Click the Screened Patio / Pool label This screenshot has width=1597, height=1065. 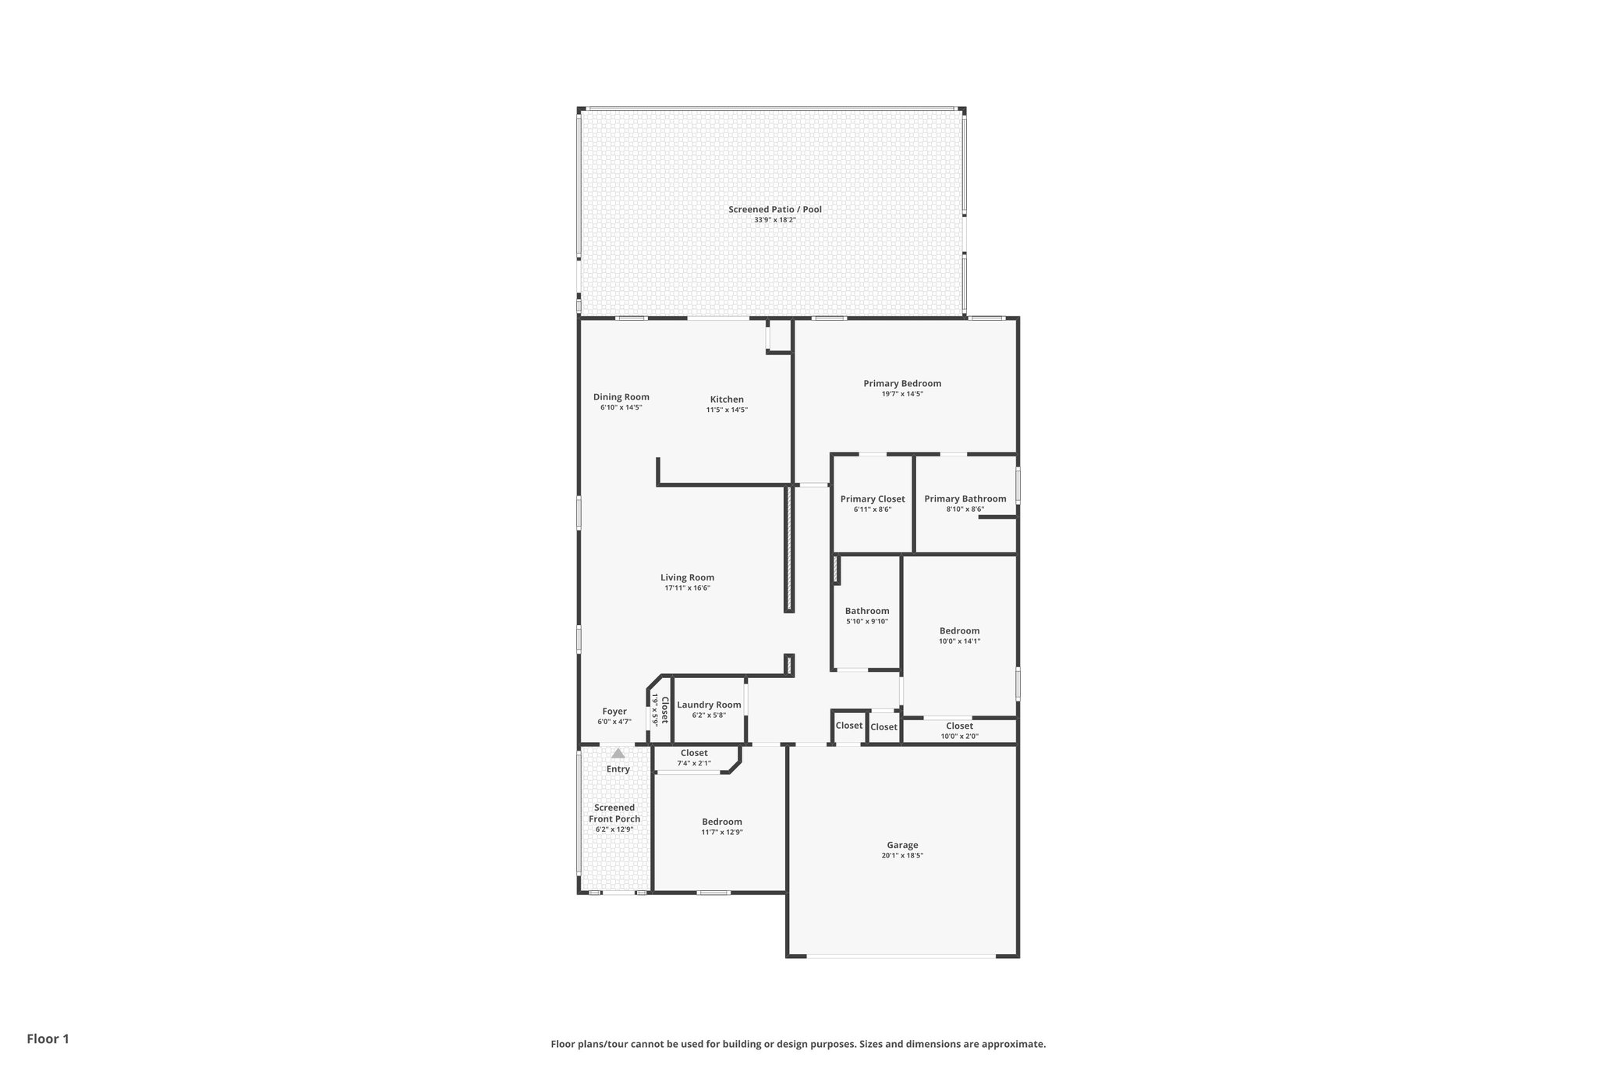click(x=774, y=209)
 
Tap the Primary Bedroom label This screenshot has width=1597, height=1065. click(x=901, y=383)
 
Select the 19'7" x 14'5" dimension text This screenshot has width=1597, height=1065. click(x=901, y=394)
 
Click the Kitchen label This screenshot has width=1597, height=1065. click(x=726, y=399)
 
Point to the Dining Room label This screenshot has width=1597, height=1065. click(x=621, y=397)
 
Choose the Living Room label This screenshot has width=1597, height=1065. click(x=687, y=578)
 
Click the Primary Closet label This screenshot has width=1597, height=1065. click(x=872, y=499)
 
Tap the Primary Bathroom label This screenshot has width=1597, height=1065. click(x=965, y=499)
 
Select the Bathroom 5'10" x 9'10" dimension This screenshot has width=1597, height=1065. click(x=866, y=622)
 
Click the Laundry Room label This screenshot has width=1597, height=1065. click(x=709, y=705)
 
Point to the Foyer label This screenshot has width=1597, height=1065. click(x=614, y=712)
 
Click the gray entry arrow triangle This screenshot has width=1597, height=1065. click(x=618, y=754)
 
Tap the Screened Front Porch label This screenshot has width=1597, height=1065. click(x=614, y=813)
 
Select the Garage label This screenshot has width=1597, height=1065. click(x=902, y=845)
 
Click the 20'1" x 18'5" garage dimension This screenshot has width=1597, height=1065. click(x=902, y=856)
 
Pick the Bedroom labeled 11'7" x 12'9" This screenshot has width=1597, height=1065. click(x=721, y=822)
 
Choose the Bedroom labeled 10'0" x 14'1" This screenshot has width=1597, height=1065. click(x=959, y=631)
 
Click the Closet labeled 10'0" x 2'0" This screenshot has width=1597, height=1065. click(x=959, y=726)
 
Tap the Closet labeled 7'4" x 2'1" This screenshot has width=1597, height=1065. click(x=693, y=754)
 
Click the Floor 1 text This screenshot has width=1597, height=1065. click(x=48, y=1038)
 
